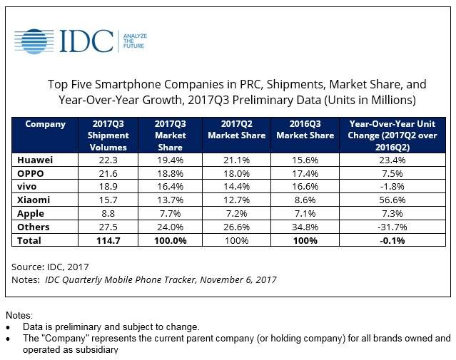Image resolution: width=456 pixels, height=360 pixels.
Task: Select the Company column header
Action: (46, 124)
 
